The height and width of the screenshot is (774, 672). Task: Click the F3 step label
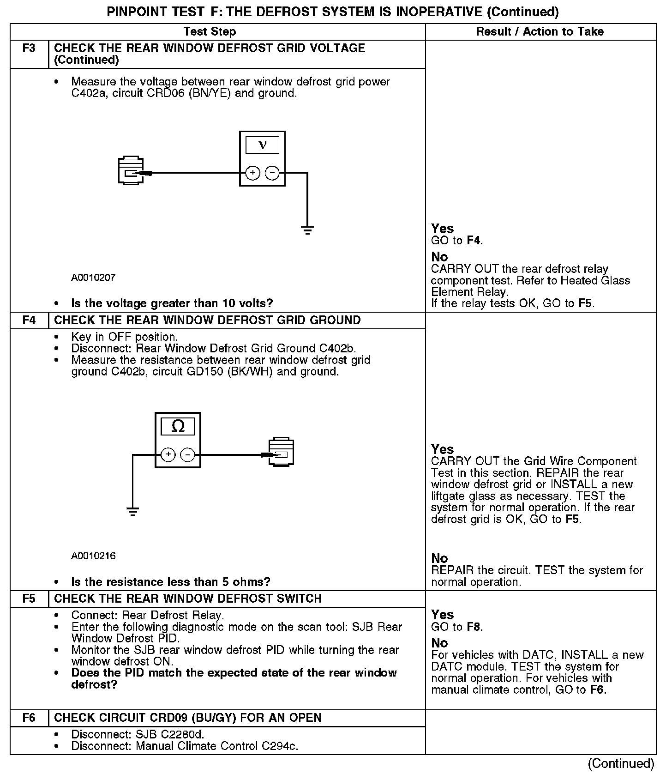[29, 48]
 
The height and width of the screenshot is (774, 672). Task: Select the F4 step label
[29, 320]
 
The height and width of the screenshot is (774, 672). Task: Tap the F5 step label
[29, 599]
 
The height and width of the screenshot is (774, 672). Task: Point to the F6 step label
[29, 718]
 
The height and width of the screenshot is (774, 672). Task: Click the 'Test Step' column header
[210, 31]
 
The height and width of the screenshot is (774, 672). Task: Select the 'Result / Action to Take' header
[540, 31]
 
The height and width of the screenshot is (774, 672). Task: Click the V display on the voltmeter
[262, 145]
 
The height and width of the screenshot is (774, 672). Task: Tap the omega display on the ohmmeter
[178, 426]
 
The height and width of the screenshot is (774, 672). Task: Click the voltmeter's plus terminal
[252, 173]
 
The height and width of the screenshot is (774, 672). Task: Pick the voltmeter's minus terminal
[272, 173]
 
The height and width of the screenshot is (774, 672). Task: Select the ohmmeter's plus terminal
[168, 454]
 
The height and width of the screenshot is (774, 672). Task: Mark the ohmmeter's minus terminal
[187, 454]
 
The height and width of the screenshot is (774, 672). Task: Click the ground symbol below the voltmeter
[307, 230]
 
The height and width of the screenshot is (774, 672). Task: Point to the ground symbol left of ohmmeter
[132, 511]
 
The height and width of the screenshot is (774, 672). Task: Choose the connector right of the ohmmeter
[281, 452]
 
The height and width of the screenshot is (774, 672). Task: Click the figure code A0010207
[93, 278]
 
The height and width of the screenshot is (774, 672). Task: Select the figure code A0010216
[93, 556]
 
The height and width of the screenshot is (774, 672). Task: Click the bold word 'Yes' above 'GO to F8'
[442, 615]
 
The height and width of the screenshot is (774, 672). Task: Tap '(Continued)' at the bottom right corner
[621, 763]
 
